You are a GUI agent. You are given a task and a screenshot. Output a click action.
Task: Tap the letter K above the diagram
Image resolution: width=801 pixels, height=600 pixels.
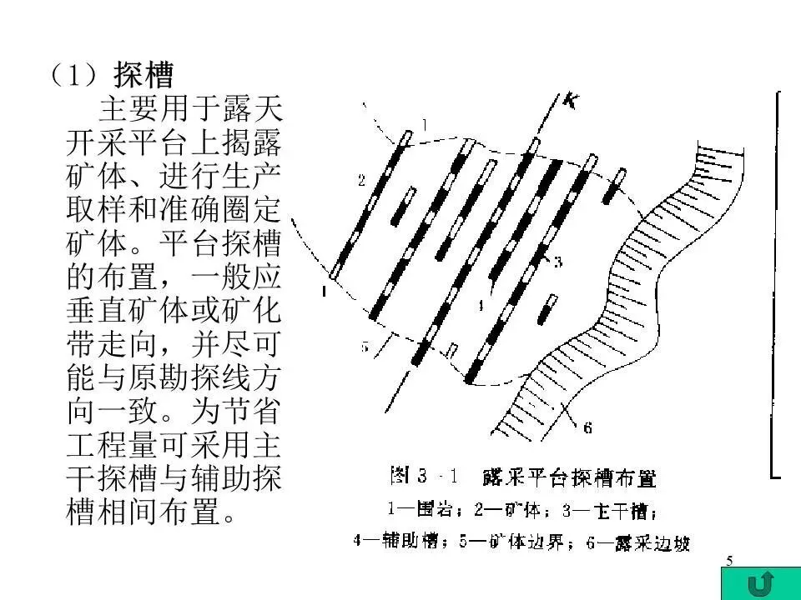pyautogui.click(x=571, y=102)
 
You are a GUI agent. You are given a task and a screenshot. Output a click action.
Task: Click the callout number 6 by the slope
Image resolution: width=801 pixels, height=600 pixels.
pyautogui.click(x=587, y=428)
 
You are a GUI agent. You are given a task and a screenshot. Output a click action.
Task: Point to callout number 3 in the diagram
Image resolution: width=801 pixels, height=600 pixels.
pyautogui.click(x=557, y=262)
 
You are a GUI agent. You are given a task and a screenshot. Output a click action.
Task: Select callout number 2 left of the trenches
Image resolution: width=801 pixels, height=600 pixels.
pyautogui.click(x=361, y=180)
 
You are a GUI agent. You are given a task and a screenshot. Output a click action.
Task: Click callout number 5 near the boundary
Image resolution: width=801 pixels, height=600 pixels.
pyautogui.click(x=365, y=346)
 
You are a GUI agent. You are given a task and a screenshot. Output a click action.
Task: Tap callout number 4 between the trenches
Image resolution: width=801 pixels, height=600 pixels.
pyautogui.click(x=481, y=305)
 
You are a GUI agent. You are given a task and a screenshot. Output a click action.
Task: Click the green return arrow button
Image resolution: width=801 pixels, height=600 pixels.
pyautogui.click(x=758, y=582)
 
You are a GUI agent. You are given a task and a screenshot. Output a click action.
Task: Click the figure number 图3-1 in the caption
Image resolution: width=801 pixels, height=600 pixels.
pyautogui.click(x=421, y=477)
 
